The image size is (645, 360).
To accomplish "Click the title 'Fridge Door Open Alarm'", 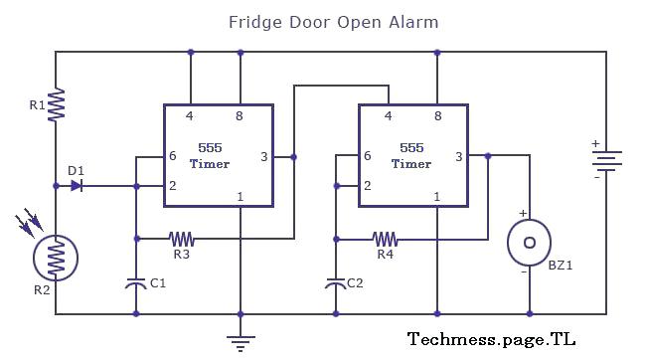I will coord(333,21).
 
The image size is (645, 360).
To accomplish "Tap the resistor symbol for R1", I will coord(56,102).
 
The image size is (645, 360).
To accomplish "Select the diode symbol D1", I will coord(77,185).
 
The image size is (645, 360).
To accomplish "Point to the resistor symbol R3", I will coord(182,239).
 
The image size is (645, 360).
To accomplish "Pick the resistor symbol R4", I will coord(385,239).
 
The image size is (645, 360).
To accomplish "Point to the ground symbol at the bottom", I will coord(240,341).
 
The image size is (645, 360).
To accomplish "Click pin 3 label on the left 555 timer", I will coord(263,156).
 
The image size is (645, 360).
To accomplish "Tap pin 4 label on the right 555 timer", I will coord(387,116).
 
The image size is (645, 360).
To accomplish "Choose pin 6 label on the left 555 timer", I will coord(174,156).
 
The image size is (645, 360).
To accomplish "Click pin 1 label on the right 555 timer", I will coord(436,197).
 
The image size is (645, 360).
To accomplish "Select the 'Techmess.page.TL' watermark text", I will coord(491,339).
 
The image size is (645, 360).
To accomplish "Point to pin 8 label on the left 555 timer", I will coord(240,116).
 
